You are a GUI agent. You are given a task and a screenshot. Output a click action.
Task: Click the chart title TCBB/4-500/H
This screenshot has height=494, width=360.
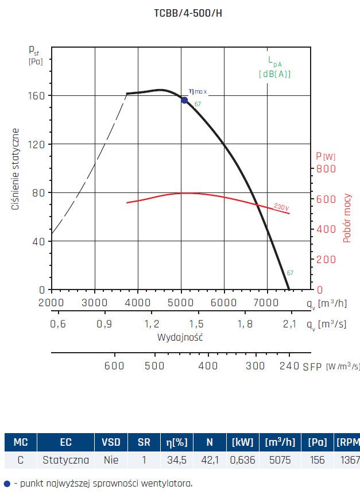pos(180,13)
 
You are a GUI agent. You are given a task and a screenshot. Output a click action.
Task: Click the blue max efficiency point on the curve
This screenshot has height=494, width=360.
pos(184,100)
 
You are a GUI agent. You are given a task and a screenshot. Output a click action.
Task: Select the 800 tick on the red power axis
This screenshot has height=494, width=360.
pos(326,169)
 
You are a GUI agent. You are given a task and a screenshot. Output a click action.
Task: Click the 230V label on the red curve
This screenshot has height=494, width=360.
pos(281,207)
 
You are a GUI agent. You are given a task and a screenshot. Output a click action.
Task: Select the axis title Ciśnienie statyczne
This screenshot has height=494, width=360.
pos(17,169)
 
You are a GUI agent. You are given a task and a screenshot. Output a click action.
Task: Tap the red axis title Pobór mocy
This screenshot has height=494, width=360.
pos(347,218)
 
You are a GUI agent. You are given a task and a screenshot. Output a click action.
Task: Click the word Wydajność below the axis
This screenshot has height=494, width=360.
pos(180,337)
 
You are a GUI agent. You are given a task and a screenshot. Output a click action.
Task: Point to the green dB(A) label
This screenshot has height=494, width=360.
pos(274,74)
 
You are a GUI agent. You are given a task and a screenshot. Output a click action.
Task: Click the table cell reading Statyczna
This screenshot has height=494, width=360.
pos(65,460)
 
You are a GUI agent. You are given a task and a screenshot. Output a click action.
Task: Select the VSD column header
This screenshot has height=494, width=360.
pos(111,442)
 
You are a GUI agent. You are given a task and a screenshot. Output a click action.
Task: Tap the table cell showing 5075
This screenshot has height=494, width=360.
pos(280,460)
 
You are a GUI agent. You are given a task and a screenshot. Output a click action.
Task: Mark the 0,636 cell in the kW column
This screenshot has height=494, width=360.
pos(243,460)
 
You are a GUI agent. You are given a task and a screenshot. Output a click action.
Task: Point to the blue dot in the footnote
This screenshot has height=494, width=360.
pos(6,484)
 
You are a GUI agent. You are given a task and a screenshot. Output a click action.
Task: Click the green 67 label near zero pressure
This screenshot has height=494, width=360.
pos(290,273)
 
